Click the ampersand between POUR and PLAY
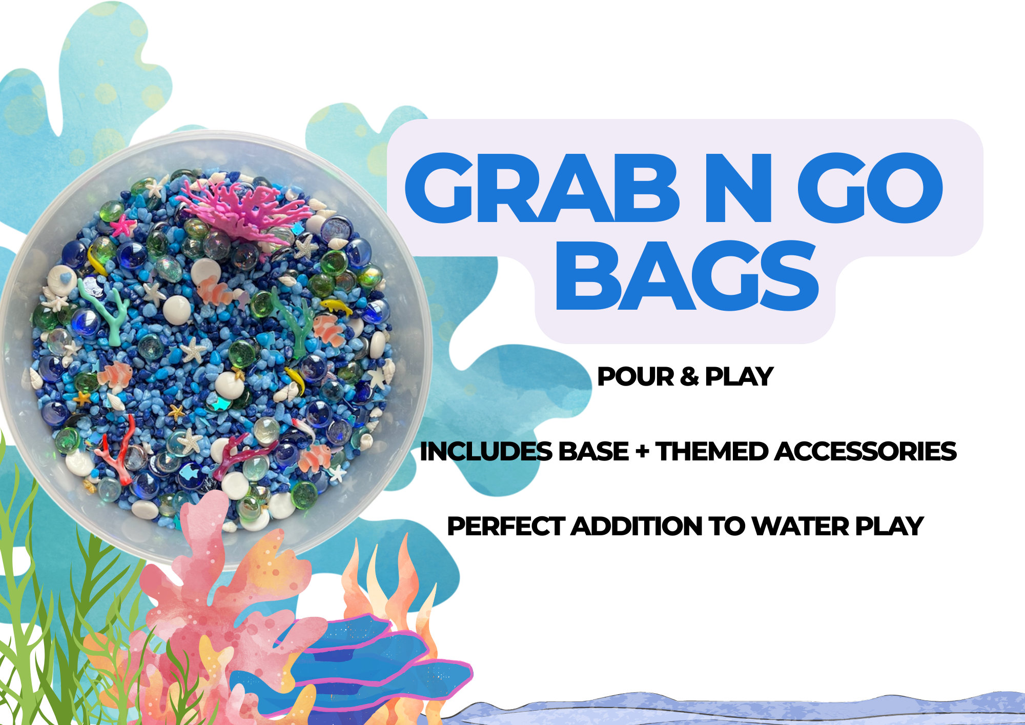tap(689, 377)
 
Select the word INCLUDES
tap(486, 452)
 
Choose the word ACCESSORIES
tap(866, 452)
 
